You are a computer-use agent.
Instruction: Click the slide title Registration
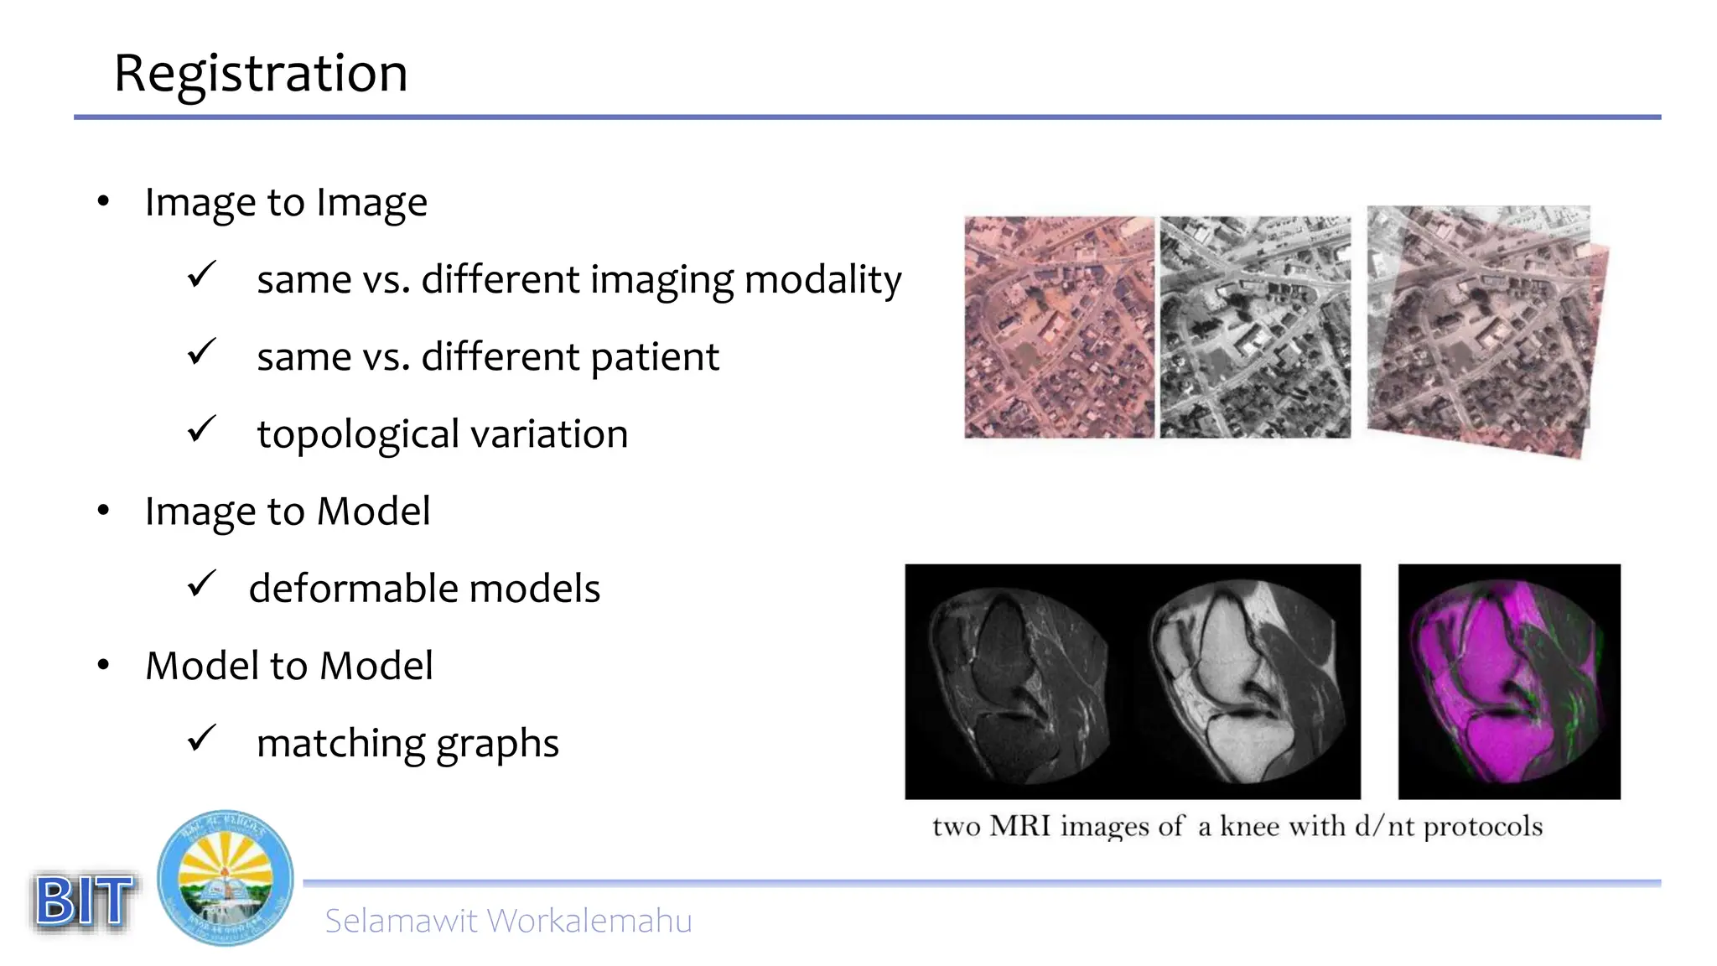click(x=261, y=73)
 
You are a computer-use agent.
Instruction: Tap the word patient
click(x=654, y=357)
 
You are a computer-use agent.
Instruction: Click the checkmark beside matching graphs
click(x=201, y=739)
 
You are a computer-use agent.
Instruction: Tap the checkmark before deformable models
click(x=201, y=584)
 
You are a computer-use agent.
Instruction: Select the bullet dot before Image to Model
click(x=103, y=510)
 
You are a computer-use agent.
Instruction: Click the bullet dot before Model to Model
click(x=103, y=665)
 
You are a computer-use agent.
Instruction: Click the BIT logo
click(x=84, y=901)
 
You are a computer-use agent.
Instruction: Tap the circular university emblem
click(x=226, y=878)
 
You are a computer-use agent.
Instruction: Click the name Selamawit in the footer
click(x=402, y=921)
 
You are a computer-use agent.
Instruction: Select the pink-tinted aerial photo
click(x=1059, y=327)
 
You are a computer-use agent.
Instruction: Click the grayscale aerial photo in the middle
click(x=1255, y=327)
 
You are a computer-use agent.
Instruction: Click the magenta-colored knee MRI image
click(x=1509, y=681)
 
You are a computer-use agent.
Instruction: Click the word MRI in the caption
click(x=1019, y=826)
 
